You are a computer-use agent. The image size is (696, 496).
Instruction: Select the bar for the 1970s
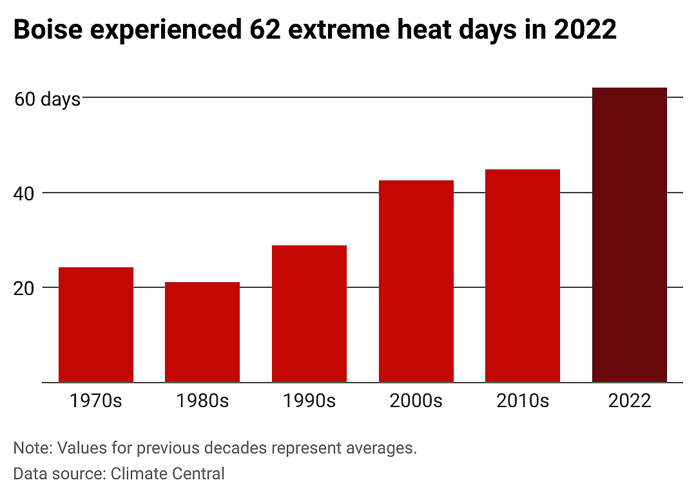(96, 325)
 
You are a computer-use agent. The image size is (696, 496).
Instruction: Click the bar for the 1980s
(202, 332)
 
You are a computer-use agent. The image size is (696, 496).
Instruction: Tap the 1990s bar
(309, 314)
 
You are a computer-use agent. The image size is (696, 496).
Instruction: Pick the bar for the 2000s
(416, 281)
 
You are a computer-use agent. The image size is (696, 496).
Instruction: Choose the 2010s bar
(523, 276)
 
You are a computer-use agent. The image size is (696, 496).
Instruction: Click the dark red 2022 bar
(630, 235)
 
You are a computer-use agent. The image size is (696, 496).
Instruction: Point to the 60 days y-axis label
(48, 99)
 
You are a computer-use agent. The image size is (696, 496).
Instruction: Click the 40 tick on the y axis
(24, 193)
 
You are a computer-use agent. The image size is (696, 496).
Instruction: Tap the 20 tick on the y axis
(24, 289)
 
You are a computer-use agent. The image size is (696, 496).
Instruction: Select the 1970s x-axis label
(96, 401)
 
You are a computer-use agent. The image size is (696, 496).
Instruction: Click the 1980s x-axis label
(202, 401)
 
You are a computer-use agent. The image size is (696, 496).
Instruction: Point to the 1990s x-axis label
(309, 401)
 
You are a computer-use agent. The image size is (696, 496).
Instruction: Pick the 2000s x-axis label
(416, 401)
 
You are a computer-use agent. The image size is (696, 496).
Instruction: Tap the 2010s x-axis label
(523, 401)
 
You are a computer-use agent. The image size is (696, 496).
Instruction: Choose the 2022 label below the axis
(630, 401)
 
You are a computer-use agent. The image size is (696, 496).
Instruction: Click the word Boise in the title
(48, 30)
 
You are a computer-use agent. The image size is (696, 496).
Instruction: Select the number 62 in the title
(265, 30)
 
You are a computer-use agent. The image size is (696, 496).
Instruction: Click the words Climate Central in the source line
(168, 473)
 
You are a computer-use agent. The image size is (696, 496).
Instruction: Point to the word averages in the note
(382, 448)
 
